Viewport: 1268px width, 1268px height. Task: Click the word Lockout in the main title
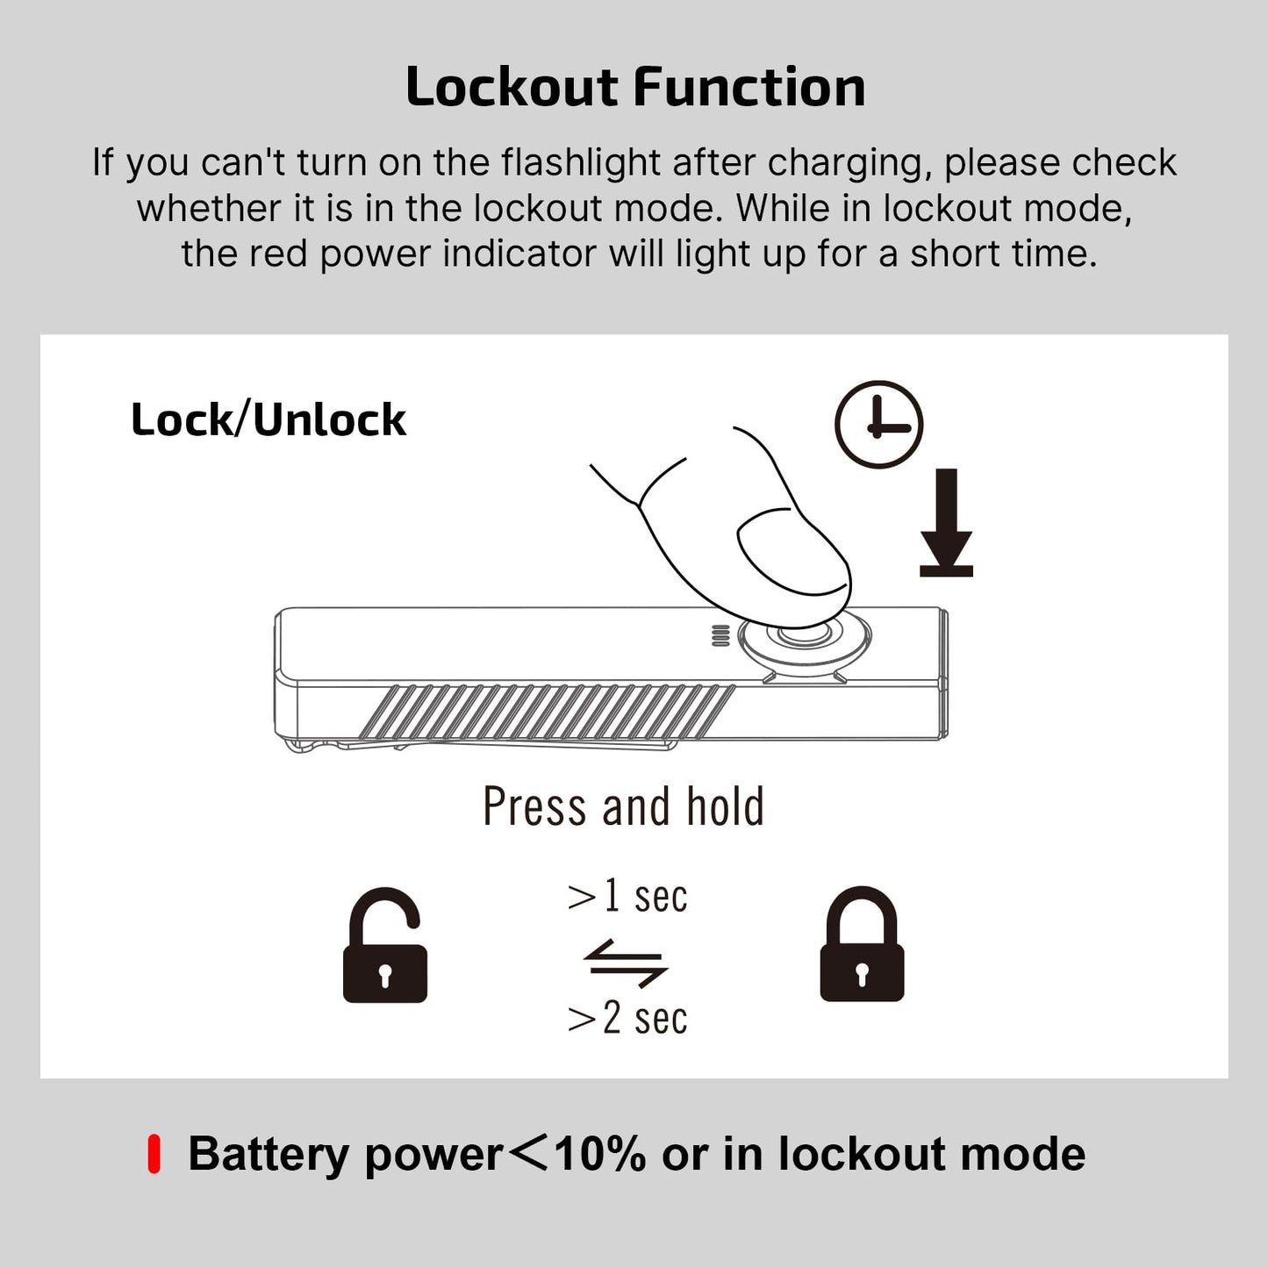(x=512, y=87)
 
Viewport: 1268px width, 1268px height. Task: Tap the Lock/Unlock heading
(x=269, y=419)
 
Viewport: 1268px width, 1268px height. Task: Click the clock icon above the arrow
(x=878, y=425)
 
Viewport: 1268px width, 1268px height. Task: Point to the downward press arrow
(x=946, y=522)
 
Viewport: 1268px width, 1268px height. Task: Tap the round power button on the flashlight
(x=804, y=637)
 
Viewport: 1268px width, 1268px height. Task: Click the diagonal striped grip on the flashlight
(x=546, y=711)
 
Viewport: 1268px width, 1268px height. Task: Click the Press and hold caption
(x=623, y=806)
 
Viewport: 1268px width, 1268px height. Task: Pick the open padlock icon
(x=385, y=946)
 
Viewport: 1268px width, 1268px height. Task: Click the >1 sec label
(x=627, y=896)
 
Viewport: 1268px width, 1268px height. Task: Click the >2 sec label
(x=627, y=1018)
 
